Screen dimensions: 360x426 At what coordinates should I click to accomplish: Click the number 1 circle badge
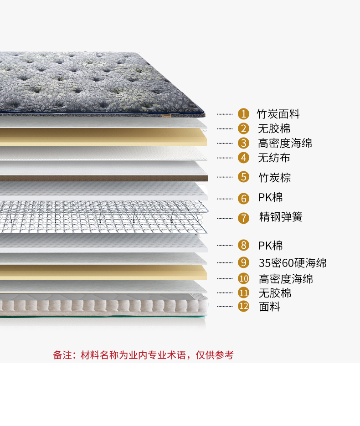pyautogui.click(x=244, y=114)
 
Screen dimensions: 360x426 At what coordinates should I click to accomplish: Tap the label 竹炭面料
pyautogui.click(x=278, y=114)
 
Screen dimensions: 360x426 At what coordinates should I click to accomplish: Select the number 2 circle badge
pyautogui.click(x=244, y=128)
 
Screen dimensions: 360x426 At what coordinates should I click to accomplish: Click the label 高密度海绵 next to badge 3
pyautogui.click(x=285, y=143)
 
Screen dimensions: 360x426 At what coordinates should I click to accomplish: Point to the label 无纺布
pyautogui.click(x=274, y=158)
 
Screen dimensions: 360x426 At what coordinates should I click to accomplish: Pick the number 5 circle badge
pyautogui.click(x=244, y=177)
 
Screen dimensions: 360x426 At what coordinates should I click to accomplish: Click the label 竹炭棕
pyautogui.click(x=274, y=177)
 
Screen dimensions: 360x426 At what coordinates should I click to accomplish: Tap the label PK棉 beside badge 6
pyautogui.click(x=271, y=198)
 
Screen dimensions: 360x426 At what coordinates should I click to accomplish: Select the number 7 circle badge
pyautogui.click(x=244, y=218)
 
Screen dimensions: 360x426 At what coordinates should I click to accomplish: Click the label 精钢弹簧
pyautogui.click(x=281, y=217)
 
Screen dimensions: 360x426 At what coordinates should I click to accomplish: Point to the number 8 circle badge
pyautogui.click(x=244, y=246)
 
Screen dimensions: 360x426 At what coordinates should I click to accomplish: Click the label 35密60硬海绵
pyautogui.click(x=293, y=263)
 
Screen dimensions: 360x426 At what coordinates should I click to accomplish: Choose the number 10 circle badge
pyautogui.click(x=244, y=278)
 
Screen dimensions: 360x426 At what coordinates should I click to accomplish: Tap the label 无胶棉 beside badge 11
pyautogui.click(x=275, y=293)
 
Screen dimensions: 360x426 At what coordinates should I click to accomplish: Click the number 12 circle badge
pyautogui.click(x=244, y=306)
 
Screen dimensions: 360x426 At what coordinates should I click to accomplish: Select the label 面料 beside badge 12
pyautogui.click(x=269, y=307)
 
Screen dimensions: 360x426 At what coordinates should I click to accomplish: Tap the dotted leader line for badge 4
pyautogui.click(x=225, y=158)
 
